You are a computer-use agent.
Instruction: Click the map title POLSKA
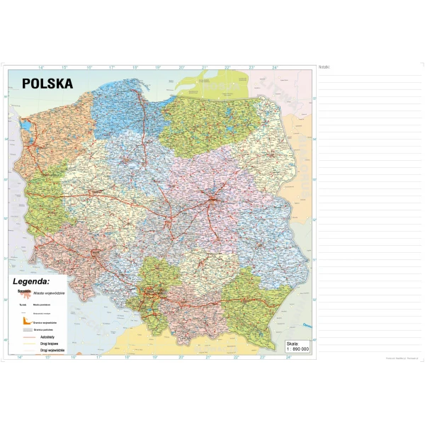point(47,82)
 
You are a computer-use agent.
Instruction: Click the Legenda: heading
point(31,281)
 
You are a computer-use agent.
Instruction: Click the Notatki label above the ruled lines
point(325,67)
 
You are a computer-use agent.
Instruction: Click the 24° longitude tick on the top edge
point(276,67)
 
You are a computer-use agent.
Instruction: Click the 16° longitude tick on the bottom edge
point(74,358)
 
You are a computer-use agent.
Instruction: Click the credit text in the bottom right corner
point(392,358)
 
